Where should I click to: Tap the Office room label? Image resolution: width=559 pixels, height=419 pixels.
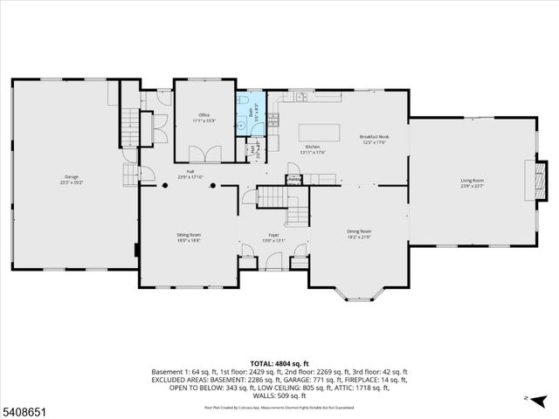[x=204, y=115]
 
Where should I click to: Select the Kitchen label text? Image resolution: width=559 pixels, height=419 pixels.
[x=312, y=147]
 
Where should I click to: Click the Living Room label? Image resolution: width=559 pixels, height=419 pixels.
[x=473, y=181]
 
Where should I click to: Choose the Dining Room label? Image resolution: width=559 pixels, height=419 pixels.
[x=359, y=231]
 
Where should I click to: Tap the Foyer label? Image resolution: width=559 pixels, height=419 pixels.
[x=273, y=235]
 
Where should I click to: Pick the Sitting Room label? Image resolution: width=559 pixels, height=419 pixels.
[x=190, y=235]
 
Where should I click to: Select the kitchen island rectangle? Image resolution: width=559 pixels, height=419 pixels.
[x=320, y=131]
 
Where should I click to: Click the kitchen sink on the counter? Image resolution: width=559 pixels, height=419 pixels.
[x=300, y=95]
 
